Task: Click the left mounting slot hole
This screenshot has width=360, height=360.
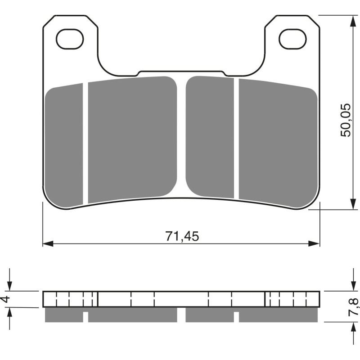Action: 71,39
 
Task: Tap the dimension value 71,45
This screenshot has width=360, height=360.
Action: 182,236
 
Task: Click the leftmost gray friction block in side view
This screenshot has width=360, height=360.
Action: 64,315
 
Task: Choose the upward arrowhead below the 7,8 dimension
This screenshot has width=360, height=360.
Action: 351,328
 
